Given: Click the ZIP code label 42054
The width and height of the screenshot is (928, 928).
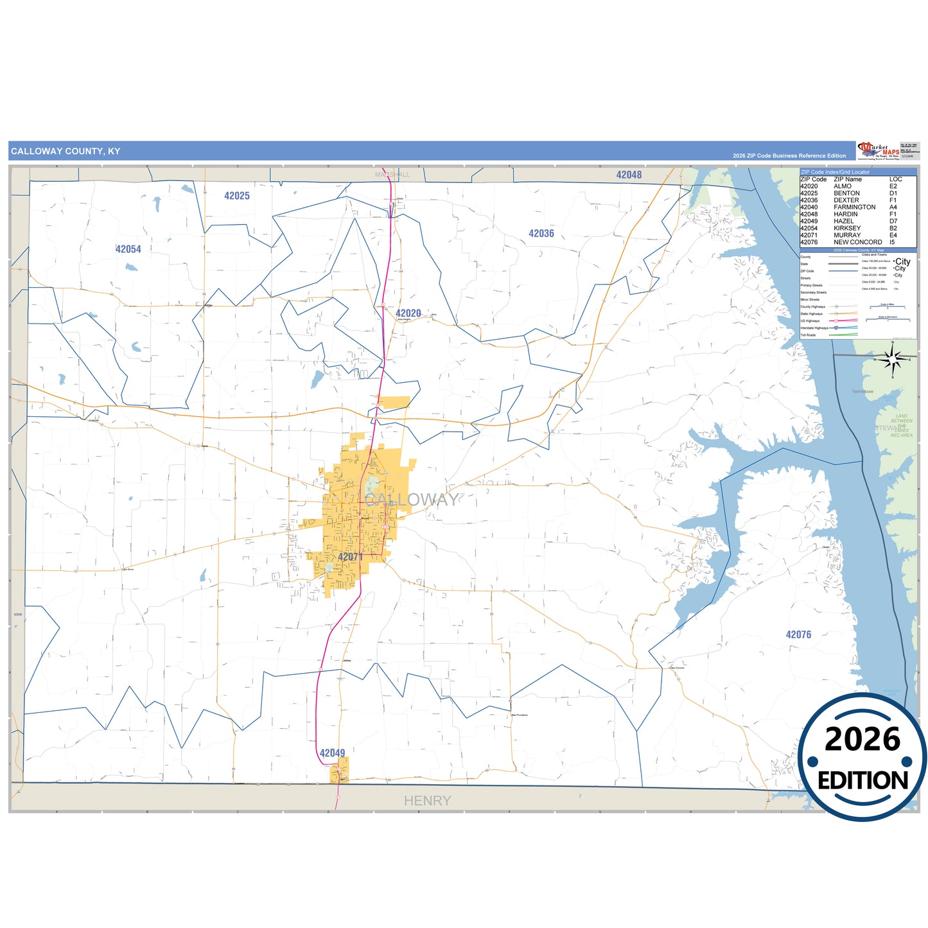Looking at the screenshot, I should click(x=128, y=249).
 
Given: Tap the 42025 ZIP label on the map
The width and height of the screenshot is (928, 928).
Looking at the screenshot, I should click(x=236, y=196).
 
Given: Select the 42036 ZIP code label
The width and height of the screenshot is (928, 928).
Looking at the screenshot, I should click(x=541, y=234).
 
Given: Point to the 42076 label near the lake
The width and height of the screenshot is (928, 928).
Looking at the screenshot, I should click(x=798, y=635).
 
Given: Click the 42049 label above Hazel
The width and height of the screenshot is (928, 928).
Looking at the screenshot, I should click(x=332, y=753).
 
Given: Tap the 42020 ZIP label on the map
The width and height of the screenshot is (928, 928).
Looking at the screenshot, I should click(x=408, y=313).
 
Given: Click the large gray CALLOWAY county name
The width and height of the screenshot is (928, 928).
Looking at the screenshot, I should click(x=412, y=500).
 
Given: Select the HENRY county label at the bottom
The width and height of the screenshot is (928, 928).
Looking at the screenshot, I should click(x=427, y=801).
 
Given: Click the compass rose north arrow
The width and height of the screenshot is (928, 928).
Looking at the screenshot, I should click(x=892, y=358).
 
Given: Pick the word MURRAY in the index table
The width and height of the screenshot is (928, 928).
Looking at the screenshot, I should click(x=847, y=235).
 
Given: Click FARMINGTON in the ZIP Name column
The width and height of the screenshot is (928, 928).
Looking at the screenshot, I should click(x=854, y=207).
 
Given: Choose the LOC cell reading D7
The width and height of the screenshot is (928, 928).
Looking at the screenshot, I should click(x=893, y=221).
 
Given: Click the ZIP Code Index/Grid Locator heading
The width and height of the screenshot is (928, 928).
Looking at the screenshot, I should click(x=835, y=172).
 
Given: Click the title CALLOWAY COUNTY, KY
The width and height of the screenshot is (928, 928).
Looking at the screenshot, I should click(x=66, y=152).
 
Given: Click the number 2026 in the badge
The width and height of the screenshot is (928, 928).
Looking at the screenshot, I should click(x=862, y=740).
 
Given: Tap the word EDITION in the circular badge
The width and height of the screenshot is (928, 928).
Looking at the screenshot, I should click(x=862, y=781).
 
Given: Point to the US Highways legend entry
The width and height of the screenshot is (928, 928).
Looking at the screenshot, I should click(x=810, y=321).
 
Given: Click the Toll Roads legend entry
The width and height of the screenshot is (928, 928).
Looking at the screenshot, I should click(x=808, y=335).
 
